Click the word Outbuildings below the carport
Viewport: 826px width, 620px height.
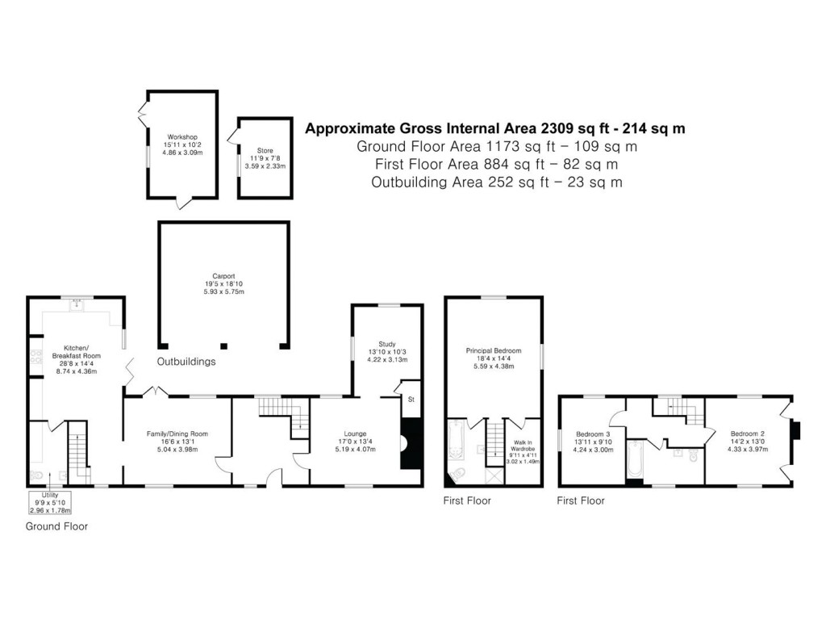click(186, 362)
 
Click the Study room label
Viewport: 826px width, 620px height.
click(387, 351)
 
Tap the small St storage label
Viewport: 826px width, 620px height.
click(411, 400)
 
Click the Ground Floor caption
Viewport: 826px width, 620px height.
click(56, 526)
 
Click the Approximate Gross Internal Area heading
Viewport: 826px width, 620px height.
click(494, 128)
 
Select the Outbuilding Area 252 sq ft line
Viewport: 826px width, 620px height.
click(496, 182)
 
